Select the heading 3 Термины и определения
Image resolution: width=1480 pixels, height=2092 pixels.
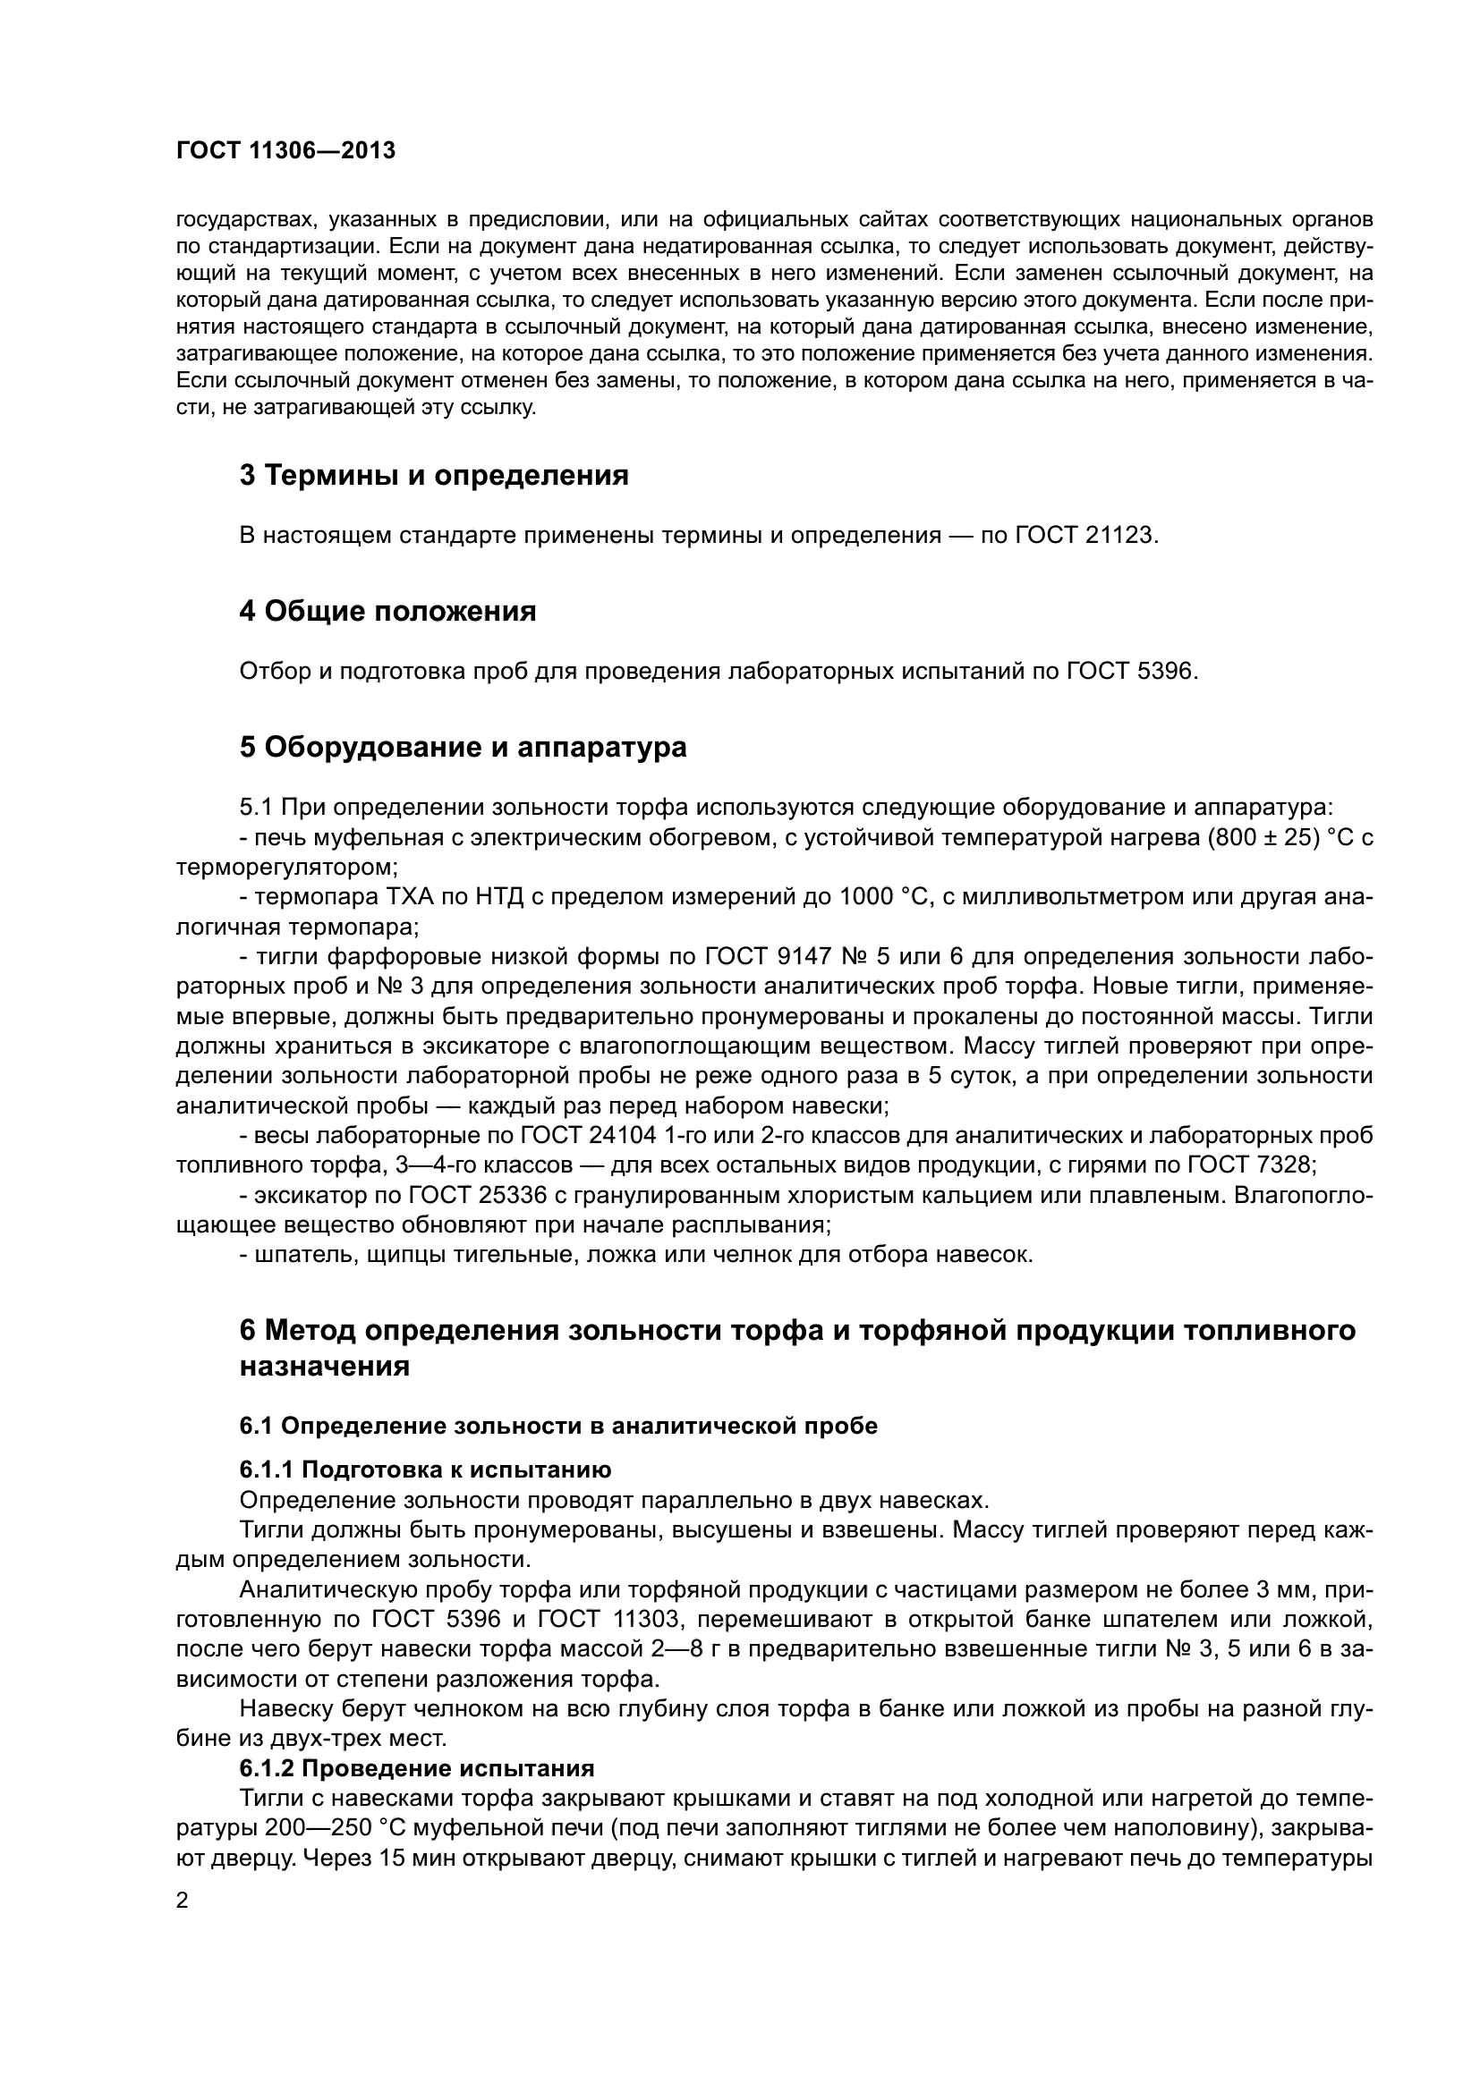(x=434, y=476)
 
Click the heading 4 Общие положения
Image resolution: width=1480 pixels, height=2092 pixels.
(x=387, y=612)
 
